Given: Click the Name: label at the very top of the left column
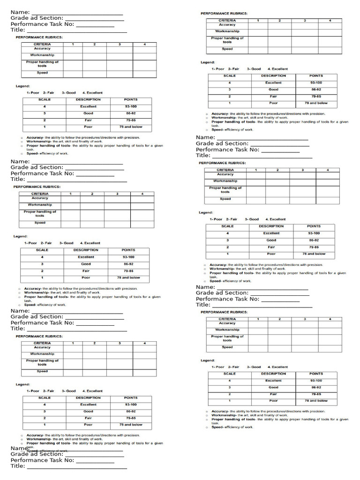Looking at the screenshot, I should pyautogui.click(x=20, y=12).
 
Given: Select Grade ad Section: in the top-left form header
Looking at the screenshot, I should pyautogui.click(x=37, y=18).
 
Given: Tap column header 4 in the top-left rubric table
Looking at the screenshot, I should pyautogui.click(x=144, y=44).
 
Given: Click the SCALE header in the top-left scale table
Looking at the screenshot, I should pyautogui.click(x=45, y=99).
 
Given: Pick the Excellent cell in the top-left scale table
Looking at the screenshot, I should pyautogui.click(x=88, y=106).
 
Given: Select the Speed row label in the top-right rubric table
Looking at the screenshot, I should pyautogui.click(x=227, y=49).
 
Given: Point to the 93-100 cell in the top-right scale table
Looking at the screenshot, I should pyautogui.click(x=316, y=82).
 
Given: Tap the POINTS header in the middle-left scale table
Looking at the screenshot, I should pyautogui.click(x=128, y=250).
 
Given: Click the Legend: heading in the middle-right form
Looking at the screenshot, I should pyautogui.click(x=205, y=212).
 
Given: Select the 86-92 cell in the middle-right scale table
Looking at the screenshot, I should pyautogui.click(x=314, y=240).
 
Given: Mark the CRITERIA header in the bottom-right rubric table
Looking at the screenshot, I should pyautogui.click(x=227, y=319).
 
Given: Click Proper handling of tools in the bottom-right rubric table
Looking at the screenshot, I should pyautogui.click(x=227, y=338).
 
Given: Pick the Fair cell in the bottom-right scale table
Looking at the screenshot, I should pyautogui.click(x=273, y=394).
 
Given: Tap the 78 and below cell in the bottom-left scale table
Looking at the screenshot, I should pyautogui.click(x=131, y=425).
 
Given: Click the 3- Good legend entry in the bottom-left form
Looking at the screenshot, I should pyautogui.click(x=68, y=391).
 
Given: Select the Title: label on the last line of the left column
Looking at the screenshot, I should pyautogui.click(x=18, y=466).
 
